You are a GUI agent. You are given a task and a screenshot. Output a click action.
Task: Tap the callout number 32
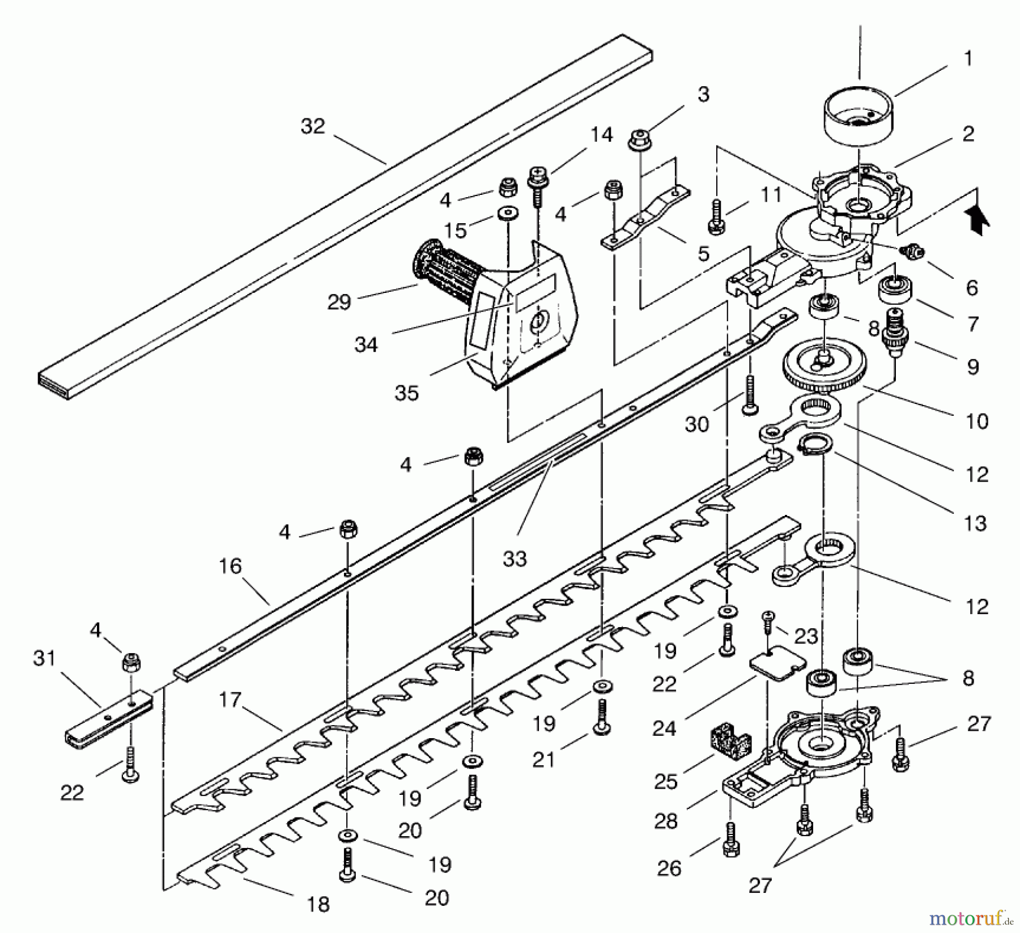[x=312, y=126]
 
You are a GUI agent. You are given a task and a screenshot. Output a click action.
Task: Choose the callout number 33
[x=515, y=559]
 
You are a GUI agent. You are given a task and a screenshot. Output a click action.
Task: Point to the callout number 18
[x=318, y=904]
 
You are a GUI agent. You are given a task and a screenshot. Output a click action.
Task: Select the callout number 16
[x=230, y=566]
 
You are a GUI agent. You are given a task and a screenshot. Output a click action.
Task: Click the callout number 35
[x=406, y=393]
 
